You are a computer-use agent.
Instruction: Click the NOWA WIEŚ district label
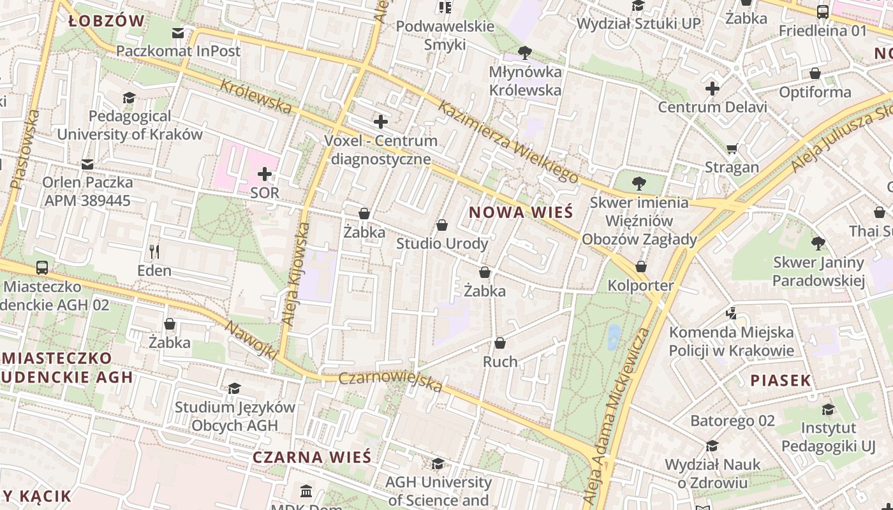[521, 212]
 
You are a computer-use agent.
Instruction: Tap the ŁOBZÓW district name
[107, 21]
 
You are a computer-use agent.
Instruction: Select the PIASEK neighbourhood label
[780, 381]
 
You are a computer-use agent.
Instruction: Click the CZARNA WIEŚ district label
[311, 457]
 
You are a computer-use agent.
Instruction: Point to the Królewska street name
[256, 97]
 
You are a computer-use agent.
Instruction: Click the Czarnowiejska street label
[390, 381]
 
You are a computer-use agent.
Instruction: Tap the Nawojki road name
[251, 340]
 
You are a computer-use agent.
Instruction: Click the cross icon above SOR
[265, 173]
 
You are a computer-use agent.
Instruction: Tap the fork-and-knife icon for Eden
[154, 251]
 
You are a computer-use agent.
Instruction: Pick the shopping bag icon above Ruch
[500, 343]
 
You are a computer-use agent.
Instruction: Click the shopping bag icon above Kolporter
[641, 266]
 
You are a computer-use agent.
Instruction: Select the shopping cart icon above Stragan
[732, 149]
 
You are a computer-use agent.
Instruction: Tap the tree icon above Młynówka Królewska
[525, 52]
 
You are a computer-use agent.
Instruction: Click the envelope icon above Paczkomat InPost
[178, 33]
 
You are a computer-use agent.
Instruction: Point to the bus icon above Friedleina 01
[823, 11]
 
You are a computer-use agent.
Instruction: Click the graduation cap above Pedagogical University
[129, 98]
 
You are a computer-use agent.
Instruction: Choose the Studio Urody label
[442, 244]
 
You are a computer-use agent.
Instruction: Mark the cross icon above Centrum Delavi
[712, 88]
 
